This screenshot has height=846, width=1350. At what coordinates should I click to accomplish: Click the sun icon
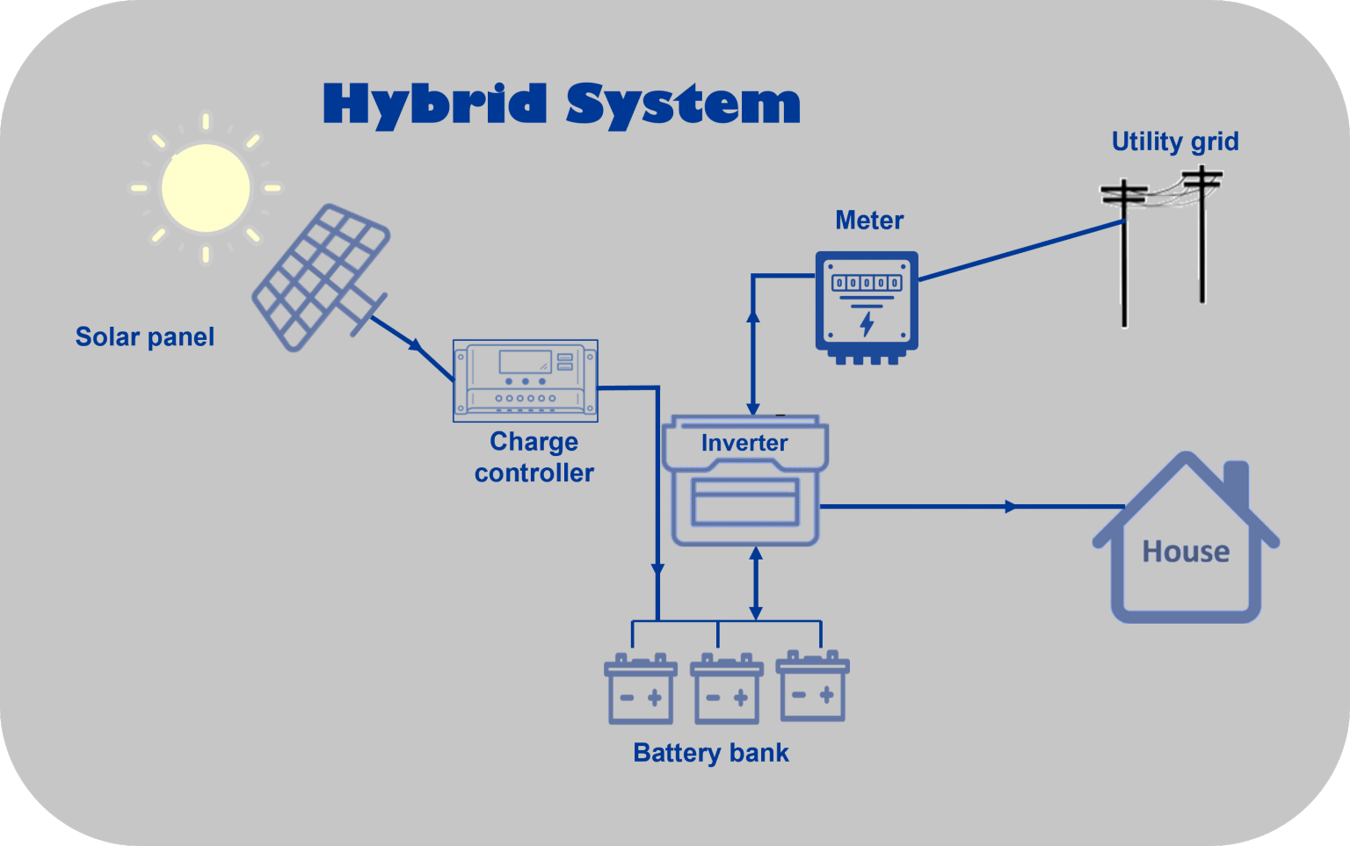tap(206, 188)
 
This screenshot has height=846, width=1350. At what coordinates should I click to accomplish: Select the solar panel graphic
tap(321, 277)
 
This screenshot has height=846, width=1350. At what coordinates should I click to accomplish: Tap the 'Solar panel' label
tap(145, 337)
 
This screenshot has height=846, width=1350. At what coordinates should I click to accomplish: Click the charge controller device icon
tap(526, 380)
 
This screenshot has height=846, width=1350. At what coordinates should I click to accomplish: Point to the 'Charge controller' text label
tap(534, 457)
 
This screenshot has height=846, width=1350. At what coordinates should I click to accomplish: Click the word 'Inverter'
tap(744, 444)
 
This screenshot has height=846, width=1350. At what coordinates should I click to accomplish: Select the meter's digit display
tap(867, 283)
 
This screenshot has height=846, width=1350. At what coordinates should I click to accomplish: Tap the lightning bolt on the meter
tap(867, 323)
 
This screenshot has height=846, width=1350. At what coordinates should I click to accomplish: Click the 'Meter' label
tap(868, 221)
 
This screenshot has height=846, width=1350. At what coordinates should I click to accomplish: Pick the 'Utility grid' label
tap(1175, 141)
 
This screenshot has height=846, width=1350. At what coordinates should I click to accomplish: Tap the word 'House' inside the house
tap(1186, 552)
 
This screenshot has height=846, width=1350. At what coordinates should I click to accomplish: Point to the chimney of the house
tap(1237, 481)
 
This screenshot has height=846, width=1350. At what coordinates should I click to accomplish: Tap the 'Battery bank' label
tap(711, 754)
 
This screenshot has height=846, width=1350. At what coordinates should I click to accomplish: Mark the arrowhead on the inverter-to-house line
tap(1011, 507)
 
